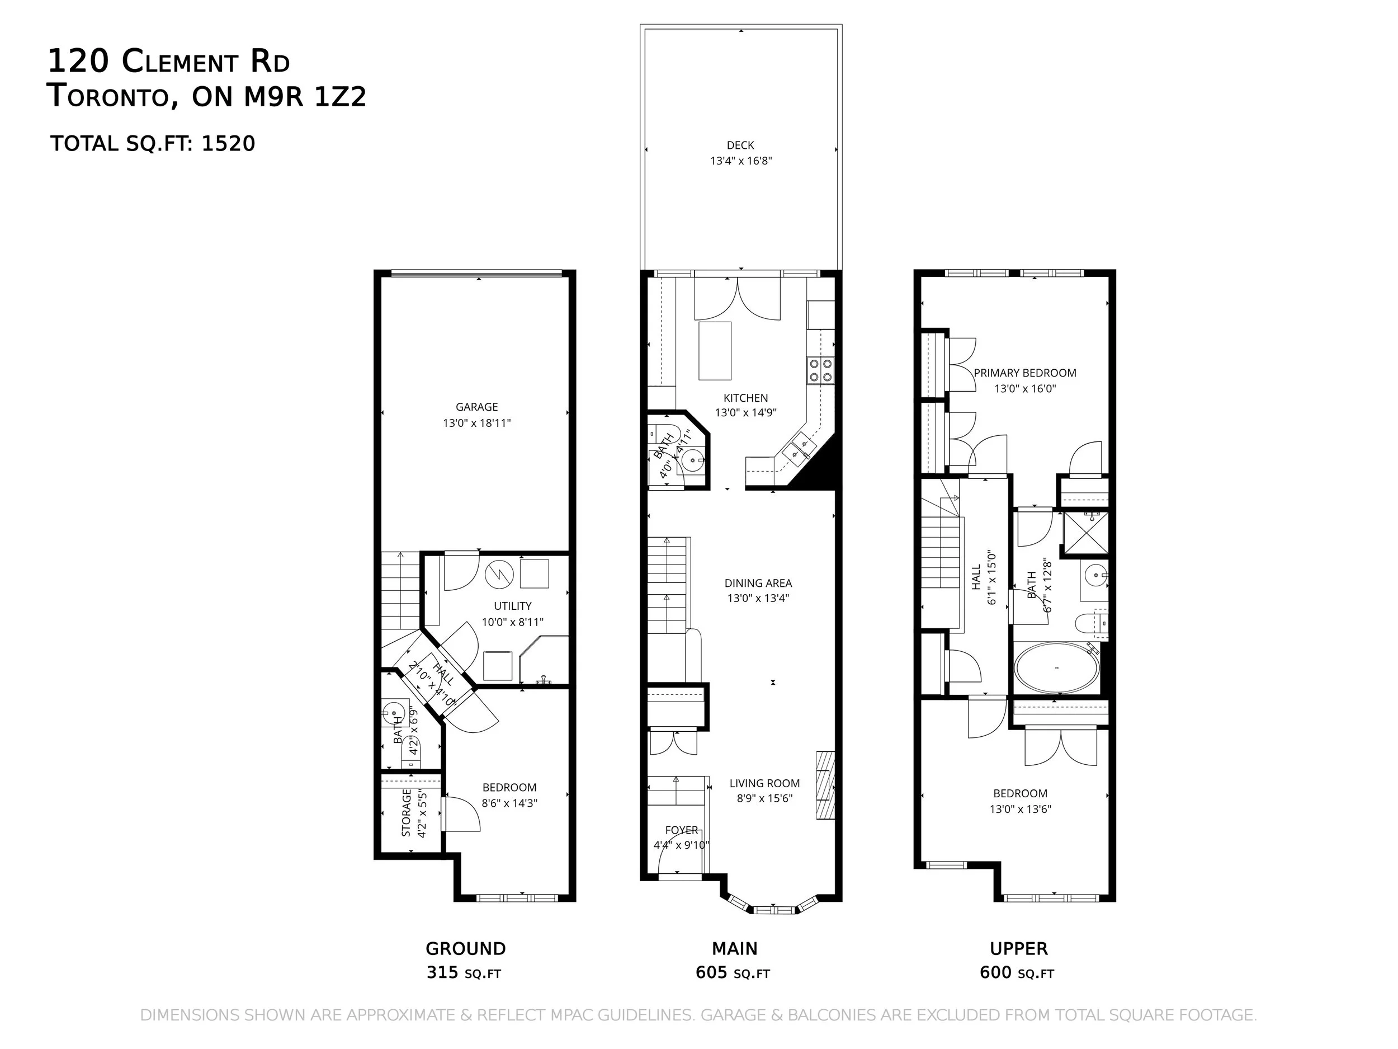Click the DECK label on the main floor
pyautogui.click(x=740, y=145)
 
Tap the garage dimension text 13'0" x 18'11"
pyautogui.click(x=476, y=423)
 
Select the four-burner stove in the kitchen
pyautogui.click(x=820, y=370)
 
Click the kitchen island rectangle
pyautogui.click(x=715, y=351)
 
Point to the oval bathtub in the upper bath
pyautogui.click(x=1056, y=669)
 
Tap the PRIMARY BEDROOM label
pyautogui.click(x=1025, y=373)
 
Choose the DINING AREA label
pyautogui.click(x=758, y=583)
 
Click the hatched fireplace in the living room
pyautogui.click(x=825, y=785)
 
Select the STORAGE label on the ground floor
pyautogui.click(x=407, y=812)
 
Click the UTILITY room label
pyautogui.click(x=513, y=606)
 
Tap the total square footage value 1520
pyautogui.click(x=228, y=144)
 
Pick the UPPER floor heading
pyautogui.click(x=1019, y=948)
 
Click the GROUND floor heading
pyautogui.click(x=466, y=948)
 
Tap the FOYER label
pyautogui.click(x=682, y=830)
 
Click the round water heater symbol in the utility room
pyautogui.click(x=500, y=574)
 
